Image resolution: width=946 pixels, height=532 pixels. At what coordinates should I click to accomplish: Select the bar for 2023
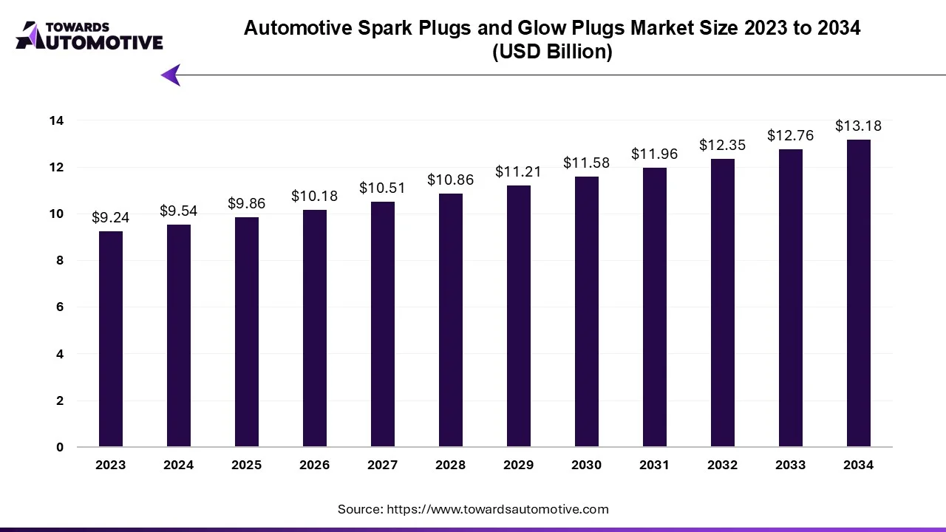click(x=111, y=339)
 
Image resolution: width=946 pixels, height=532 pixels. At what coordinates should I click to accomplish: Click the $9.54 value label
click(x=179, y=211)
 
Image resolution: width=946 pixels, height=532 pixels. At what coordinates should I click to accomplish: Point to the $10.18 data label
click(x=315, y=197)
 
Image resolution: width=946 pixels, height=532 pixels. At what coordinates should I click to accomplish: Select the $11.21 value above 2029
click(x=519, y=172)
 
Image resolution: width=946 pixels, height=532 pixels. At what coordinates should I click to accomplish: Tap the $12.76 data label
click(x=791, y=136)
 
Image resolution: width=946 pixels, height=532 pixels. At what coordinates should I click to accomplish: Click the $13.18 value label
click(x=859, y=126)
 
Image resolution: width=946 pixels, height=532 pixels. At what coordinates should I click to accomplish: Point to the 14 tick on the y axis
click(x=57, y=120)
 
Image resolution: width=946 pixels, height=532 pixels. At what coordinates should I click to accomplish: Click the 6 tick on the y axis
click(x=60, y=307)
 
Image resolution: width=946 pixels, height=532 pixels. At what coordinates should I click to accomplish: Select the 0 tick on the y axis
click(x=60, y=448)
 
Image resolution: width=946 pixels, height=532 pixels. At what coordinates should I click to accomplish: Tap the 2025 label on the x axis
click(x=247, y=465)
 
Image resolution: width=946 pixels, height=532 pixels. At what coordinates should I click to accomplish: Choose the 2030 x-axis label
click(x=587, y=465)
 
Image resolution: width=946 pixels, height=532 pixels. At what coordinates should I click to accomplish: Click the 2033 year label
click(x=791, y=465)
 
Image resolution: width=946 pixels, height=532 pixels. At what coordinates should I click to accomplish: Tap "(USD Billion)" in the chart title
click(x=552, y=52)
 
